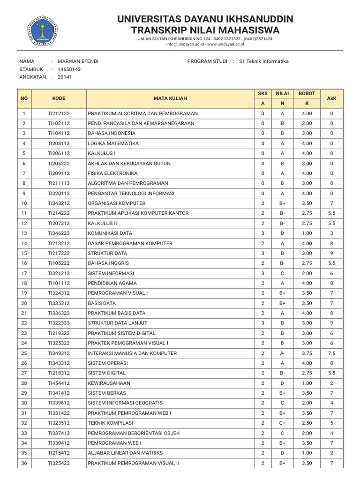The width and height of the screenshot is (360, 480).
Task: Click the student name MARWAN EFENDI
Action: point(78,61)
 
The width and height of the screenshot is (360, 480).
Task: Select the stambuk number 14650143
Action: point(69,69)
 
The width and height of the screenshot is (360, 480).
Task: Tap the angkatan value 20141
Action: point(65,77)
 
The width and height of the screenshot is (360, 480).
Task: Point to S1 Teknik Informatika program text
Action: point(263,61)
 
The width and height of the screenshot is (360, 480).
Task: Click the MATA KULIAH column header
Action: point(170,98)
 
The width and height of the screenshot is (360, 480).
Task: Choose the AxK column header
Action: point(331,98)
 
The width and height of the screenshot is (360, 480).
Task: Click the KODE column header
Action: point(59,98)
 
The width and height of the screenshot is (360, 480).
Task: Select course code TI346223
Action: point(59,233)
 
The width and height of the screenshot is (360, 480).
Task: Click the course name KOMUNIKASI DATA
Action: point(110,233)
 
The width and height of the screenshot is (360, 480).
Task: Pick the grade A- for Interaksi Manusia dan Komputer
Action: point(282,353)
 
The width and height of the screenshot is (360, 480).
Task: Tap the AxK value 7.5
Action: point(331,353)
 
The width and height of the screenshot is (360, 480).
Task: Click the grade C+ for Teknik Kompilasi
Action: point(282,423)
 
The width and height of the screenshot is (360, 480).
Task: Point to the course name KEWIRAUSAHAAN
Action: point(109,383)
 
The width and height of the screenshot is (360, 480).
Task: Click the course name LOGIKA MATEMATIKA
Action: point(113,143)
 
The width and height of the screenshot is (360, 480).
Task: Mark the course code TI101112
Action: point(59,283)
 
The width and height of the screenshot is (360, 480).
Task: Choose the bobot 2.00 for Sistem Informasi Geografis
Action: point(307,403)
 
